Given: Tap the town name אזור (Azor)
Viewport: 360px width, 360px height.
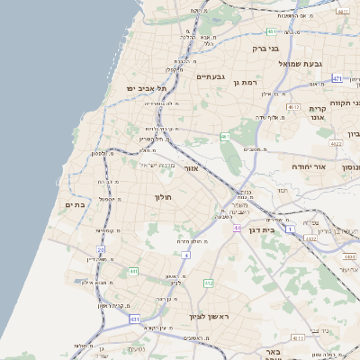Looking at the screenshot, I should (191, 168).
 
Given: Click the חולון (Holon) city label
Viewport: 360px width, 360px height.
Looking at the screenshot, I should (163, 197).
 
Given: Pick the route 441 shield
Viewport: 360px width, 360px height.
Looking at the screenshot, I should (132, 271).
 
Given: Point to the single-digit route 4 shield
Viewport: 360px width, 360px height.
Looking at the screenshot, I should (186, 255).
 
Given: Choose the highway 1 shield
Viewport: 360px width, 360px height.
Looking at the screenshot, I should (290, 229).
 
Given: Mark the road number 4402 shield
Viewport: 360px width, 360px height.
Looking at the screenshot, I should (311, 238).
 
